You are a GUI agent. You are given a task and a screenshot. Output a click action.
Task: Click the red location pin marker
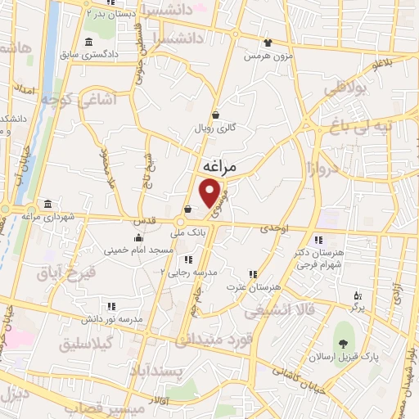tap(211, 192)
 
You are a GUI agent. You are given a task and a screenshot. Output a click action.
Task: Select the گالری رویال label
tap(215, 128)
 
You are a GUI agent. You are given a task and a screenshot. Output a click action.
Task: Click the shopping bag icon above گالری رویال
tap(215, 115)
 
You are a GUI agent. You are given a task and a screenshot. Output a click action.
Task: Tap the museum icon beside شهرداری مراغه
tap(48, 203)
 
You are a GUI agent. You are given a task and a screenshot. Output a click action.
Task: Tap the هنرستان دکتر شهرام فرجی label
tap(317, 258)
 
